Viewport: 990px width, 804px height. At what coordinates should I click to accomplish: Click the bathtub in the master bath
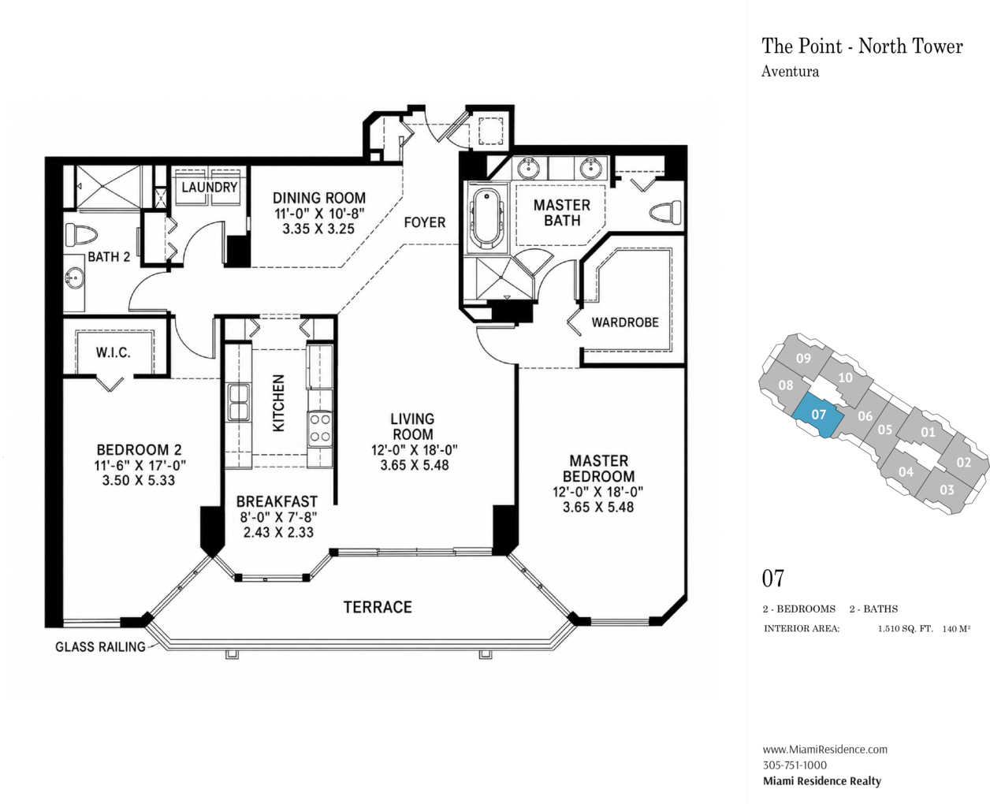(x=486, y=218)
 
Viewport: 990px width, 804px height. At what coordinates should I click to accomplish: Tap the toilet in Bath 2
(x=80, y=235)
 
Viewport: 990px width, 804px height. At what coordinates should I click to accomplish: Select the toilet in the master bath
(x=665, y=214)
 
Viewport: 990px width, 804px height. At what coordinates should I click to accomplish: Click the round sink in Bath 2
(x=74, y=278)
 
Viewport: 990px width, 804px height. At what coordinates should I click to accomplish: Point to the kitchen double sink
(x=239, y=403)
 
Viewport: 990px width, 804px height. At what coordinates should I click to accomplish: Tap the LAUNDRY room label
(x=210, y=188)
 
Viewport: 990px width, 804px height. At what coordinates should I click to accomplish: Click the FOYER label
(x=424, y=222)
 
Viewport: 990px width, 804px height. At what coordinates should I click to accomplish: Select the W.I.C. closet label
(x=114, y=353)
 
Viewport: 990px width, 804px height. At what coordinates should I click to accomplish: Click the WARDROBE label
(x=625, y=322)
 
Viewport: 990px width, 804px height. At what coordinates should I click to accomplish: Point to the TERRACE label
(x=378, y=607)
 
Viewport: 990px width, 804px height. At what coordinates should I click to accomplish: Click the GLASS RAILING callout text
(x=100, y=646)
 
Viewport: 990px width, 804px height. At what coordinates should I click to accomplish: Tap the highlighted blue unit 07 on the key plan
(x=818, y=415)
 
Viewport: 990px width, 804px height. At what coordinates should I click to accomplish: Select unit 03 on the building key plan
(x=947, y=489)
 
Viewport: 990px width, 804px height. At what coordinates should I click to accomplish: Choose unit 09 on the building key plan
(x=803, y=359)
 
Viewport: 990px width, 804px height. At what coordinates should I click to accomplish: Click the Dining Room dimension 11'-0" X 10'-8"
(x=319, y=214)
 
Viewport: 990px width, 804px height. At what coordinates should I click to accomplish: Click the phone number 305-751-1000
(x=795, y=765)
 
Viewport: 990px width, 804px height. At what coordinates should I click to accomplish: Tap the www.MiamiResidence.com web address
(x=825, y=749)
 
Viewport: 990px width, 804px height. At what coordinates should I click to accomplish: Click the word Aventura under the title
(x=790, y=72)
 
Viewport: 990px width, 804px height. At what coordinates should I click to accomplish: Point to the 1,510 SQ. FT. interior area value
(x=905, y=629)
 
